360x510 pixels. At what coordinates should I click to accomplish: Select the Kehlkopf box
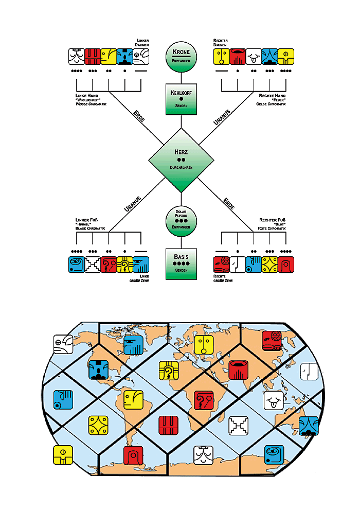point(181,99)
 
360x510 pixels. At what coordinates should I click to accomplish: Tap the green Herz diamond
point(181,160)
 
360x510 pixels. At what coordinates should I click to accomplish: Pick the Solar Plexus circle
point(181,221)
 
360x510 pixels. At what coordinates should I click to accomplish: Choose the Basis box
point(181,264)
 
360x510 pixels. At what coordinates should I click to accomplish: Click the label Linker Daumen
point(142,43)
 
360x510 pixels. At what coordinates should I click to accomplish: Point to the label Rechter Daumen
point(220,43)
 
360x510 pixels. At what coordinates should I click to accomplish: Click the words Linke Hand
point(87,96)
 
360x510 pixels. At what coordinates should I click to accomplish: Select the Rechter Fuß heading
point(272,220)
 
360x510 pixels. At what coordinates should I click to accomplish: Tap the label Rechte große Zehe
point(223,278)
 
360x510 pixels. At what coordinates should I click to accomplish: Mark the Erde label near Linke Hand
point(139,116)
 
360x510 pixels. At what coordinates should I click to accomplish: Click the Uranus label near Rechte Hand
point(222,117)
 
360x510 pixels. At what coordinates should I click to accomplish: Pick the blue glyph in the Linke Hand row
point(125,57)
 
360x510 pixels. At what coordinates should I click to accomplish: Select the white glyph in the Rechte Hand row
point(254,57)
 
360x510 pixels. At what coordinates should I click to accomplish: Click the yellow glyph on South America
point(133,400)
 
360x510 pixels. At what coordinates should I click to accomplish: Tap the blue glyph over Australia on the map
point(309,426)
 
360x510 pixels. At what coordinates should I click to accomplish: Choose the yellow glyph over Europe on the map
point(204,345)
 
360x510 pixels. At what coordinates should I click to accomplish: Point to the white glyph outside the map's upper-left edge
point(63,344)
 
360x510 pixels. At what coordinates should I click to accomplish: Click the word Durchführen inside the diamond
point(181,167)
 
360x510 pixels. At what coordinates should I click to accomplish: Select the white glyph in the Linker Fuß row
point(93,265)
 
